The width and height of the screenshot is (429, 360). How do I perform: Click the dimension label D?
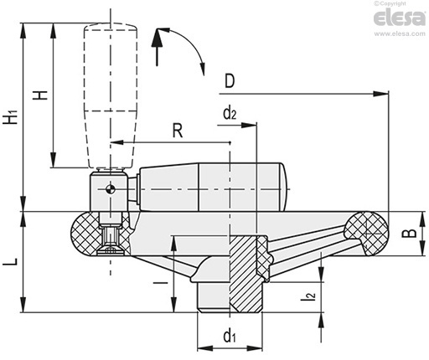[x=230, y=81]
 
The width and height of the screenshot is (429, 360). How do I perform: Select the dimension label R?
[x=178, y=131]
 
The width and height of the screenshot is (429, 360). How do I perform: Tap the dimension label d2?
[x=230, y=113]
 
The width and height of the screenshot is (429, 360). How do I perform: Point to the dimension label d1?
[x=230, y=335]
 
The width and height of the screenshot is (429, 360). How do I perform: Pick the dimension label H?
[x=40, y=95]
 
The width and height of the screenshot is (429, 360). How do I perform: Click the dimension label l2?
[x=308, y=296]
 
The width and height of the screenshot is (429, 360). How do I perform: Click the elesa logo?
[x=400, y=18]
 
